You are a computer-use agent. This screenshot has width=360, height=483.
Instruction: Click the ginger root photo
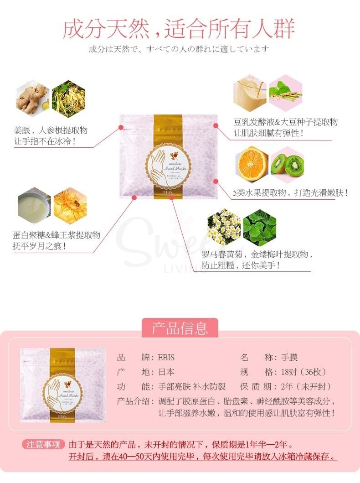[x=32, y=97]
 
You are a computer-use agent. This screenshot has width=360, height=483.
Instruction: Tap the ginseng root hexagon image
[x=68, y=97]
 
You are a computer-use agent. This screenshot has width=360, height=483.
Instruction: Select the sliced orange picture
[x=252, y=164]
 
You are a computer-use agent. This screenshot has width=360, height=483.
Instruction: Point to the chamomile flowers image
[x=224, y=227]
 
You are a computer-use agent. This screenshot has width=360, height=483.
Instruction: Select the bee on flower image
[x=70, y=205]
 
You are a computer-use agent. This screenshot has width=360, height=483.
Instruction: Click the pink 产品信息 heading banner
[x=180, y=328]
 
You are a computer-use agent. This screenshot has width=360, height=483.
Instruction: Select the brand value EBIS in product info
[x=166, y=358]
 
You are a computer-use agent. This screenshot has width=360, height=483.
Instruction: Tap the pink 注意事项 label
[x=43, y=445]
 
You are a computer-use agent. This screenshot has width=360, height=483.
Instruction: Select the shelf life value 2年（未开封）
[x=306, y=387]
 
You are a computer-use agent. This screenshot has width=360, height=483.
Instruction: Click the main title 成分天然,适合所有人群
[x=179, y=28]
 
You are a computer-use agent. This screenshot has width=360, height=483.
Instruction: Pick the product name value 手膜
[x=289, y=358]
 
